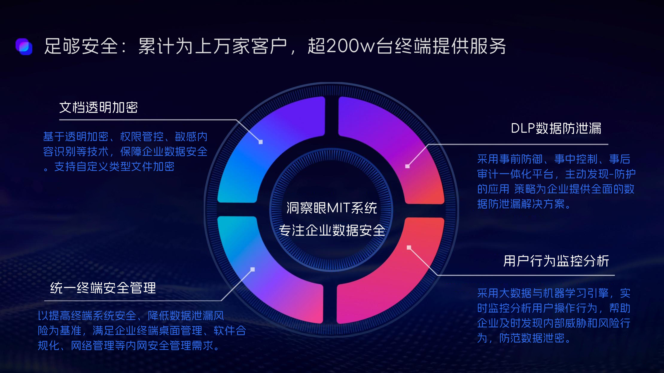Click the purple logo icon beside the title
[x=24, y=46]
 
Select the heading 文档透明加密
[x=98, y=107]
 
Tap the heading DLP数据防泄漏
[x=556, y=128]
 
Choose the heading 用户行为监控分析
[x=556, y=261]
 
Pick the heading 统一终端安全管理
[x=103, y=288]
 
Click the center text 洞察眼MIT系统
[x=332, y=208]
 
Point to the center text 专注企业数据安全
[x=332, y=231]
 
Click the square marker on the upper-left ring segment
[x=261, y=142]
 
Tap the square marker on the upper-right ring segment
[x=407, y=166]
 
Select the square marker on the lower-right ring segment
[x=409, y=247]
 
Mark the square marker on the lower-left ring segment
[x=252, y=269]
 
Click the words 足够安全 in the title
[x=81, y=46]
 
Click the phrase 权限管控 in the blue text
[x=142, y=137]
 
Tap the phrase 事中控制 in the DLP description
[x=576, y=159]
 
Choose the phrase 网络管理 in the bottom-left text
[x=92, y=346]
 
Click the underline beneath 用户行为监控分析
[x=526, y=275]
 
